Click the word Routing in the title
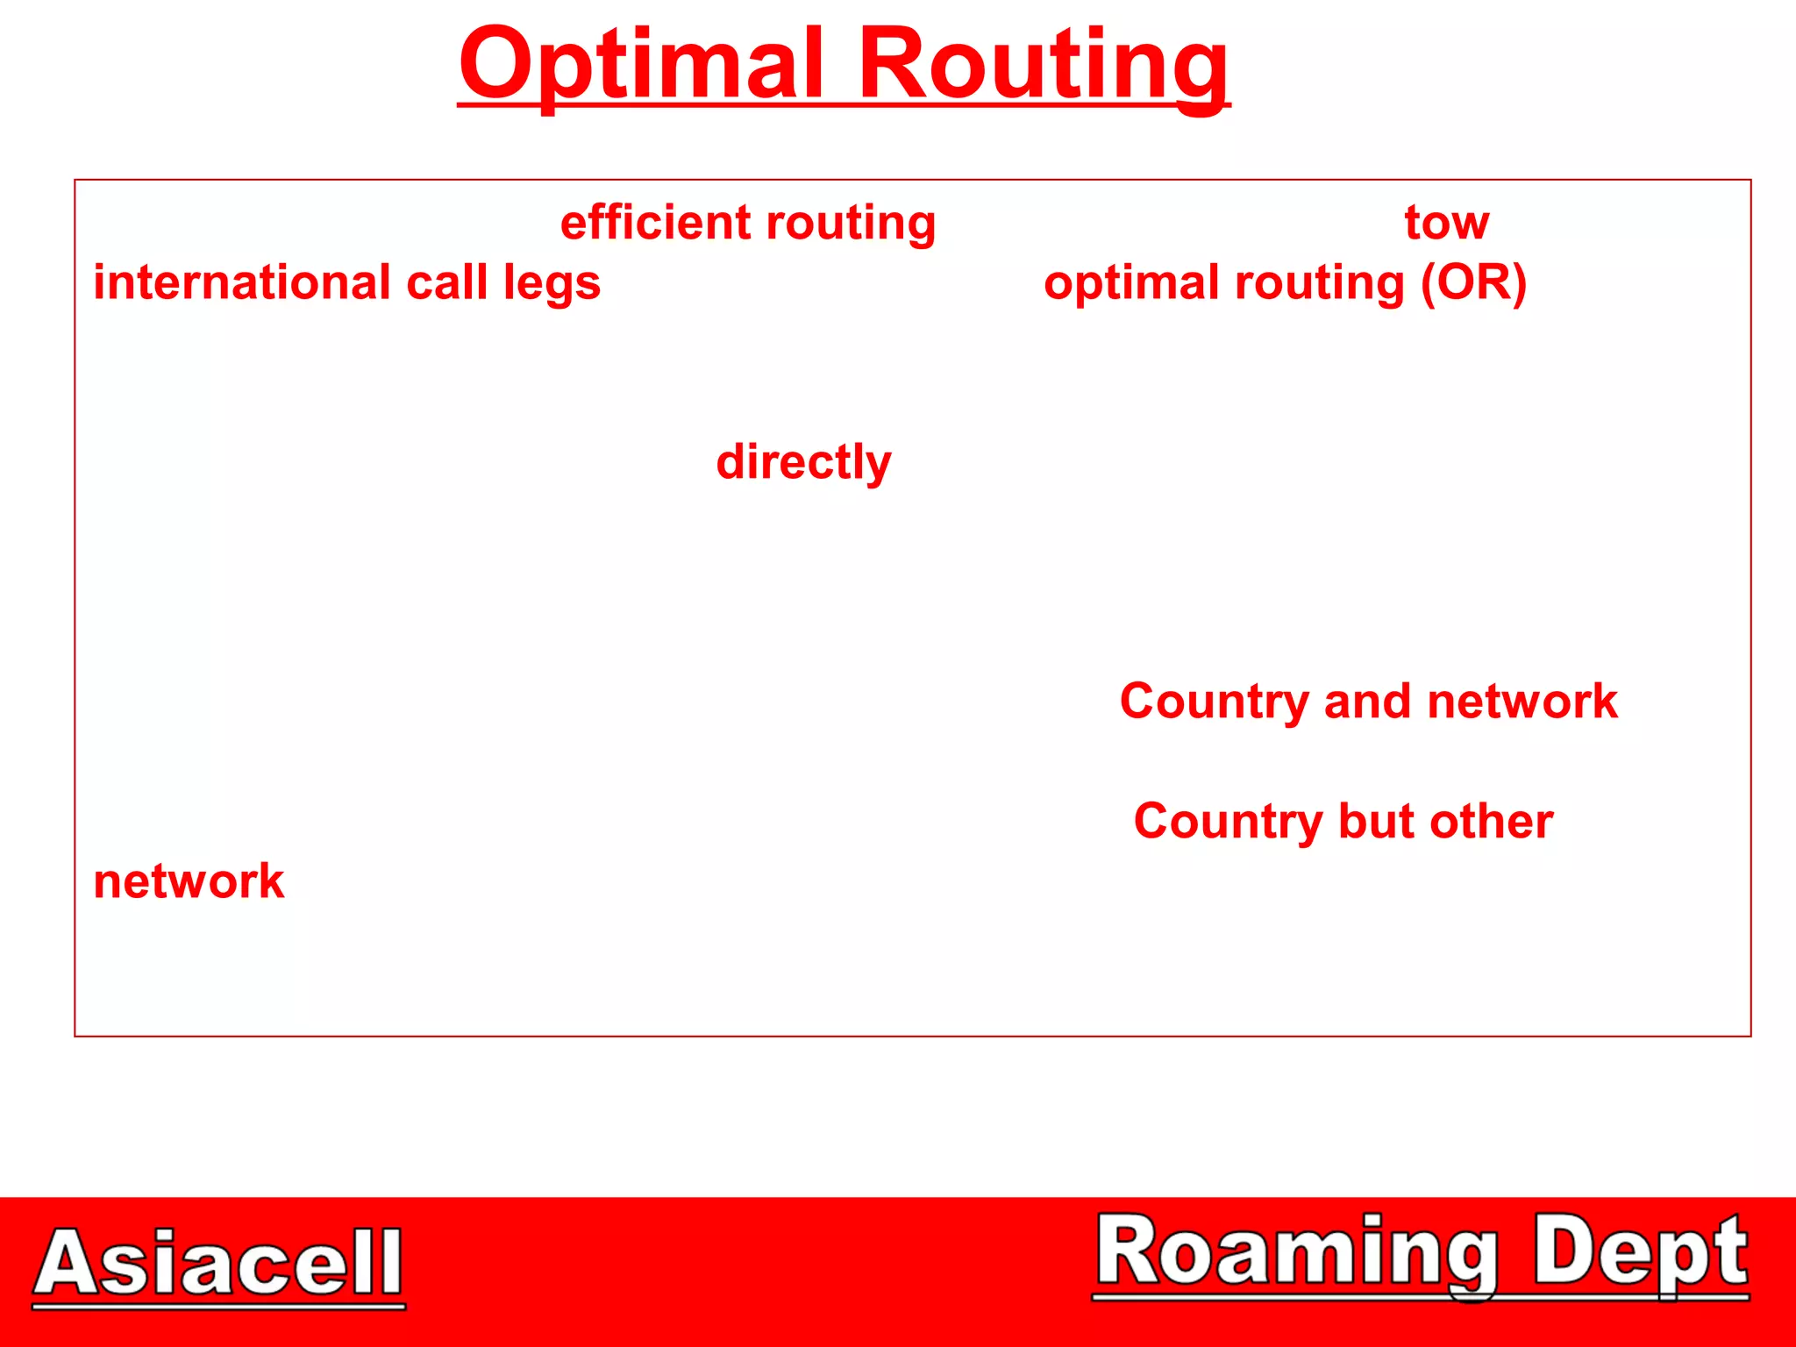click(1043, 66)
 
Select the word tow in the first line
click(1446, 223)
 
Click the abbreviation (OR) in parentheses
click(1474, 283)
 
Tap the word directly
click(803, 463)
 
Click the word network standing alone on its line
click(189, 881)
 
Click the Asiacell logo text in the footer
click(219, 1263)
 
